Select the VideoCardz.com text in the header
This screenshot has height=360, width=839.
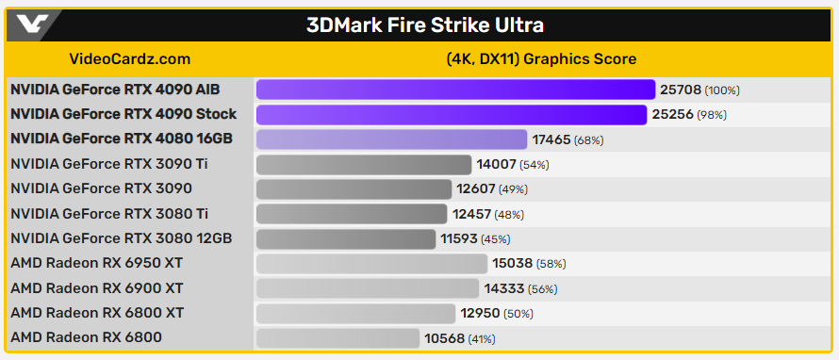click(x=130, y=58)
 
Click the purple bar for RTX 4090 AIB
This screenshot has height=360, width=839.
click(x=455, y=90)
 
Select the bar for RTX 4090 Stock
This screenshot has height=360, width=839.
click(x=451, y=114)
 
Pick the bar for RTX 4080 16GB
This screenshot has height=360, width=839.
click(x=391, y=139)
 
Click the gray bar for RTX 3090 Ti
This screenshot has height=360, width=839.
click(x=363, y=164)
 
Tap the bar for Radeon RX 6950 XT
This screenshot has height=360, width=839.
click(x=371, y=263)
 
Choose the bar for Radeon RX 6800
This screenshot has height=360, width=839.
click(x=337, y=337)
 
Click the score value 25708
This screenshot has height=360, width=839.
click(x=681, y=90)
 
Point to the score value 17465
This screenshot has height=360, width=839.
click(x=551, y=139)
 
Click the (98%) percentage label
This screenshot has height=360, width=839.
click(x=712, y=115)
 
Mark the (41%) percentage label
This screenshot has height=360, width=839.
click(x=482, y=338)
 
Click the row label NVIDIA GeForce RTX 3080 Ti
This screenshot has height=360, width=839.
click(x=109, y=213)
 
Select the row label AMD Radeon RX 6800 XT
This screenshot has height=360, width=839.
click(x=97, y=313)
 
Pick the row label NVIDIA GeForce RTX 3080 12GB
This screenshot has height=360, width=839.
click(x=121, y=238)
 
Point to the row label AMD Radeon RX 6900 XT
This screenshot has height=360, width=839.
click(x=97, y=288)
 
